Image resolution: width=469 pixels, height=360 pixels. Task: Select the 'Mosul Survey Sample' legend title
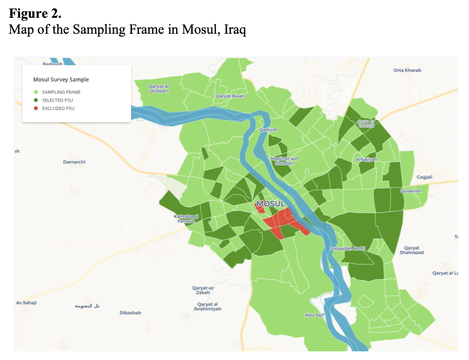[61, 79]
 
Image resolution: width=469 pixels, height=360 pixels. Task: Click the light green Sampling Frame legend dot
[36, 92]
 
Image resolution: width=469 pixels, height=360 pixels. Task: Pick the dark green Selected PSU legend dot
[36, 100]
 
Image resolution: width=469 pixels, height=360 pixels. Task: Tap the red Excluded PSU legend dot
[36, 108]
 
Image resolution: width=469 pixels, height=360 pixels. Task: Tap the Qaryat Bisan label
[230, 96]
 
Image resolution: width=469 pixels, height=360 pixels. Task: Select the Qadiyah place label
[268, 130]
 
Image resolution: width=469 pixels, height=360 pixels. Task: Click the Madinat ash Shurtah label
[284, 161]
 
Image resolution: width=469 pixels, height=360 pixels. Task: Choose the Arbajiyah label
[367, 159]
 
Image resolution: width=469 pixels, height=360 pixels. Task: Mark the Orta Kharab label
[407, 70]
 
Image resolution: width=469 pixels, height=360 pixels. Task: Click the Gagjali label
[424, 177]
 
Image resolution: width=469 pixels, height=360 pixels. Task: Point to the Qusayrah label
[411, 191]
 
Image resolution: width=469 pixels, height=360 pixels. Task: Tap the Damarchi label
[74, 162]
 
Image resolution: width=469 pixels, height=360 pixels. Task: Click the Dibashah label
[130, 313]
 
